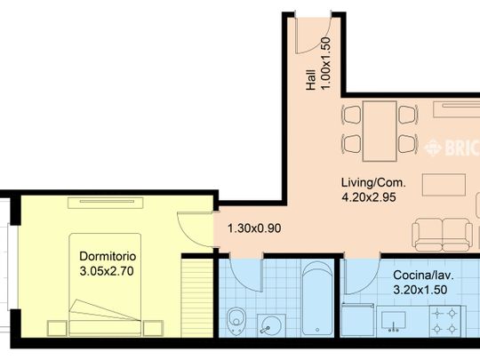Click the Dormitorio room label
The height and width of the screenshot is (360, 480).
(108, 256)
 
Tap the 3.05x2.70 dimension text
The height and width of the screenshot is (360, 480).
(107, 271)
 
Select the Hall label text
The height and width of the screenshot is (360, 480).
(311, 80)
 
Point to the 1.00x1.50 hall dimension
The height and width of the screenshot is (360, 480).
(325, 63)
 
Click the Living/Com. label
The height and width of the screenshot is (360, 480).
(373, 183)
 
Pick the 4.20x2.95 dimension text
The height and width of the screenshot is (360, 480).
(369, 197)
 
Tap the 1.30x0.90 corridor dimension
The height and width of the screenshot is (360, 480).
(254, 228)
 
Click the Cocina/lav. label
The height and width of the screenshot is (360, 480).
(423, 275)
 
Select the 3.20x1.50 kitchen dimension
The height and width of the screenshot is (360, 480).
(420, 290)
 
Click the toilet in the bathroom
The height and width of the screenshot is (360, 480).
(236, 320)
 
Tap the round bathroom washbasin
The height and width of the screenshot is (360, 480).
(271, 325)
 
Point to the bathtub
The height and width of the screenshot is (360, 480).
(317, 298)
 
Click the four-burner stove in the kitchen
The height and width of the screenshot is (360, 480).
(444, 321)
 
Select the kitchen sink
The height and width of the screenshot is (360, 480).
(394, 321)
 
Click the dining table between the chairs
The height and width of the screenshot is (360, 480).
(380, 131)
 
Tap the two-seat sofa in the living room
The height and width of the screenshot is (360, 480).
(443, 235)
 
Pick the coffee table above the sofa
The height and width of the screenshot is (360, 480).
(444, 185)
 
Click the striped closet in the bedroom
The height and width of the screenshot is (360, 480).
(197, 298)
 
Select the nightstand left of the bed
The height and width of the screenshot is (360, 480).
(57, 328)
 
